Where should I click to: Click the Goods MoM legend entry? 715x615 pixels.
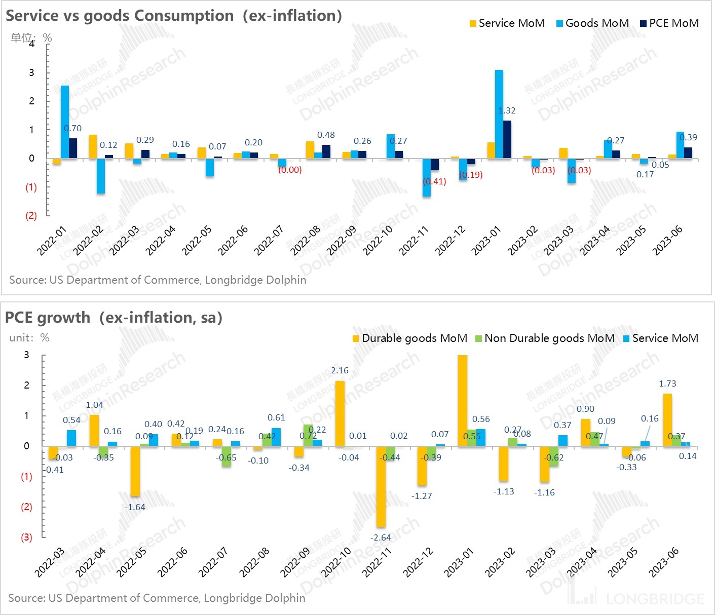(592, 23)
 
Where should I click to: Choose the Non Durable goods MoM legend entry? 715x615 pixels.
(545, 338)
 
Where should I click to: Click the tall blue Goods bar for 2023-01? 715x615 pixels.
(499, 114)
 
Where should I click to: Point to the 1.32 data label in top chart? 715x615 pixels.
(507, 110)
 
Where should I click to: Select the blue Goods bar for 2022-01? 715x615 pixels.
(65, 122)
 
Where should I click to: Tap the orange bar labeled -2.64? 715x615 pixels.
(381, 486)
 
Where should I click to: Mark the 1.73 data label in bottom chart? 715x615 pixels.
(667, 383)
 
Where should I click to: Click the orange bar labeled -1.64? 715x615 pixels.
(135, 471)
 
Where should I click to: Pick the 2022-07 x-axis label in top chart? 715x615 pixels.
(269, 241)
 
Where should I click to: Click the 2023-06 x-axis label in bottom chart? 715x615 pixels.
(664, 562)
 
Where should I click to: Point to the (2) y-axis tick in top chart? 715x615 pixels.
(31, 215)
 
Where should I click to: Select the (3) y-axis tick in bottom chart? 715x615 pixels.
(26, 537)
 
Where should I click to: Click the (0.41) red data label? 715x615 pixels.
(434, 181)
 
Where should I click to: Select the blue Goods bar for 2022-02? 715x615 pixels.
(101, 176)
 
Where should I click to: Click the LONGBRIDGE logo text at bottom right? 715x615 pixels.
(655, 599)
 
